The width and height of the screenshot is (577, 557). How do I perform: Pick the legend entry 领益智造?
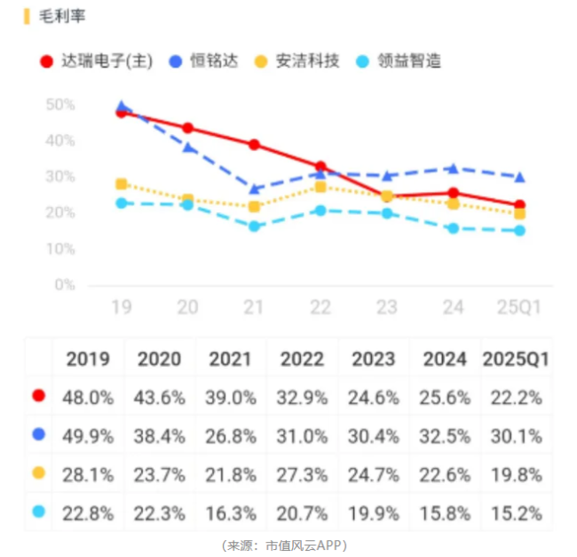tap(409, 61)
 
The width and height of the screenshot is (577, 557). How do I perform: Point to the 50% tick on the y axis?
tap(60, 105)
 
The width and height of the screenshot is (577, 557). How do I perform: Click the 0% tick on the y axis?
tap(65, 285)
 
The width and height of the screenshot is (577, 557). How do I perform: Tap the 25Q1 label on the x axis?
tap(519, 308)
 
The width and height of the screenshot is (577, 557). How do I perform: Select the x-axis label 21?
tap(254, 308)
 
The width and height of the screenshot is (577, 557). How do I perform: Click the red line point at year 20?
tap(187, 128)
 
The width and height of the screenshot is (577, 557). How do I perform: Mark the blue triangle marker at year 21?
tap(254, 188)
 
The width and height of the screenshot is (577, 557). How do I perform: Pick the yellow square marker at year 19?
tap(122, 184)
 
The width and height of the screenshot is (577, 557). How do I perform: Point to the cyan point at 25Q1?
tap(519, 231)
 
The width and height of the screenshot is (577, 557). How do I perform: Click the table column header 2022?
tap(302, 359)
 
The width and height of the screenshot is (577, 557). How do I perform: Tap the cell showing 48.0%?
tap(88, 398)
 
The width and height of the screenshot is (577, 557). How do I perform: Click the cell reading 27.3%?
tap(302, 473)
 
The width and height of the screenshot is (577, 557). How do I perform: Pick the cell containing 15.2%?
tap(516, 512)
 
